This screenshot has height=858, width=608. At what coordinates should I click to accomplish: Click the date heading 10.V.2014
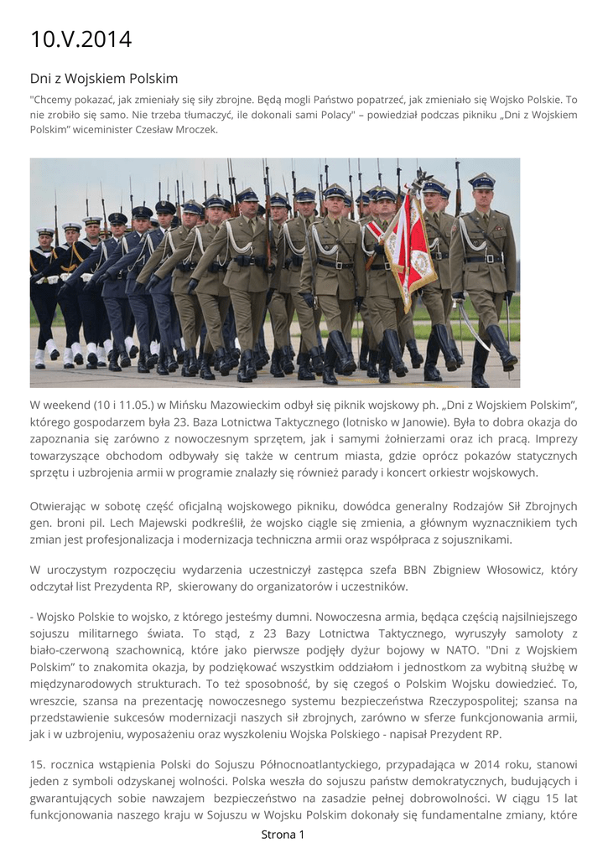click(x=81, y=39)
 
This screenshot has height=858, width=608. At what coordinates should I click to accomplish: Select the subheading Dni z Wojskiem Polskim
click(x=104, y=79)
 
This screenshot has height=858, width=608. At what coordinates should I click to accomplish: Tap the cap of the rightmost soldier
click(x=481, y=179)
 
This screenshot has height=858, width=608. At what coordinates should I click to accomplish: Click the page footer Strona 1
click(x=283, y=834)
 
